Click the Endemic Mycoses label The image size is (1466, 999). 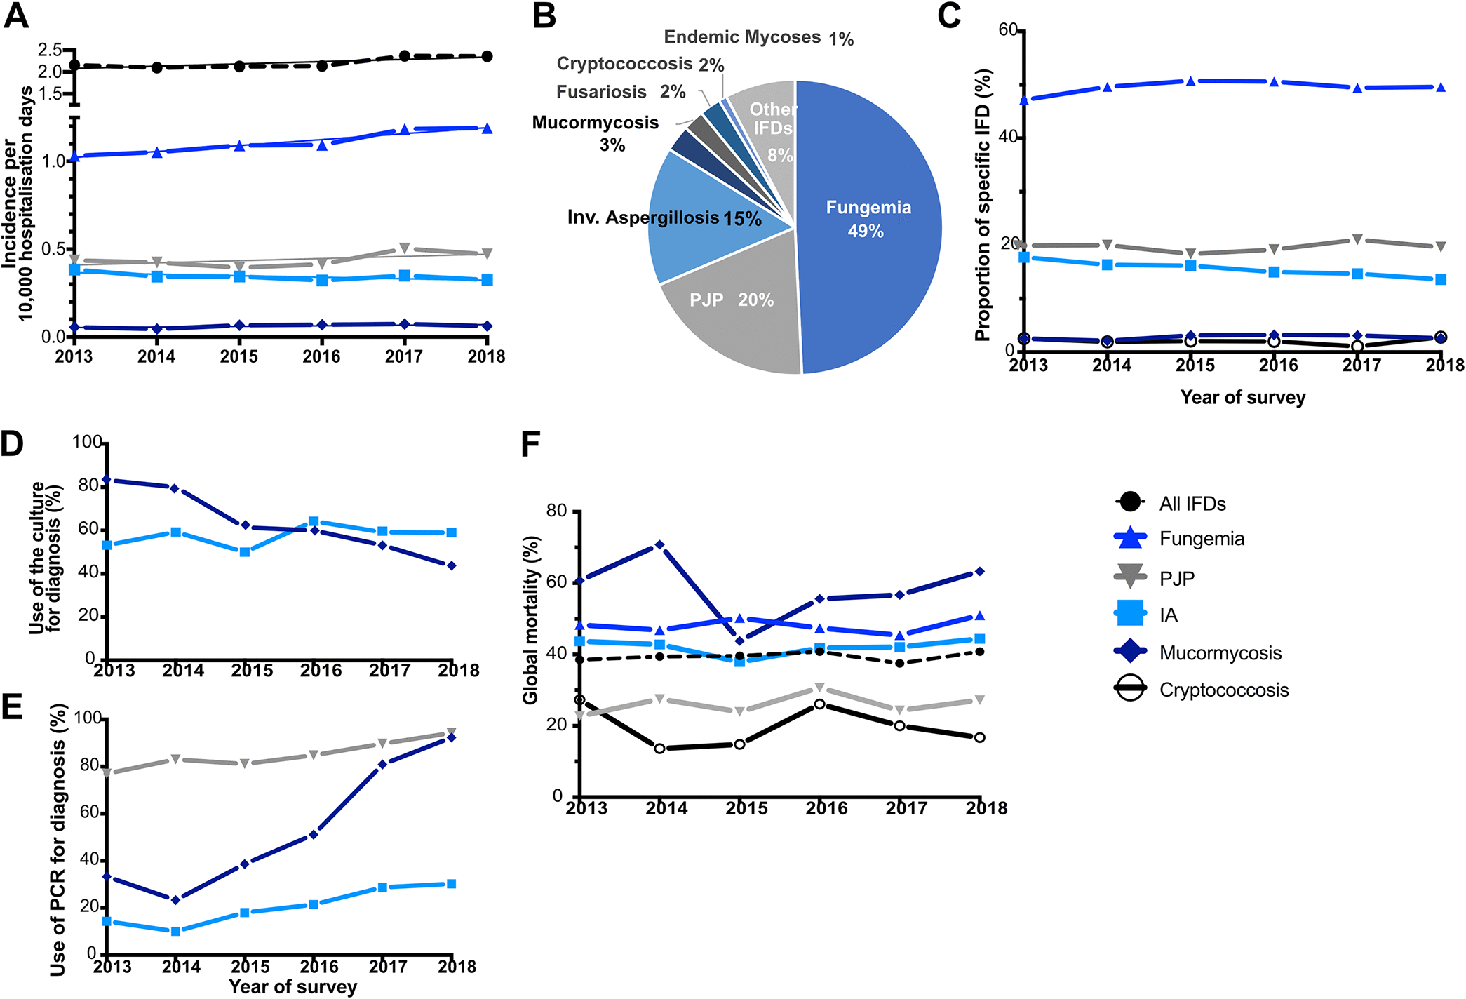pyautogui.click(x=742, y=37)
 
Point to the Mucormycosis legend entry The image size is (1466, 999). pyautogui.click(x=1220, y=653)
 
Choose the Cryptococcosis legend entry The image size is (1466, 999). pyautogui.click(x=1223, y=690)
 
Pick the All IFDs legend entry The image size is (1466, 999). pyautogui.click(x=1192, y=504)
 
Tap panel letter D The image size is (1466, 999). pyautogui.click(x=12, y=444)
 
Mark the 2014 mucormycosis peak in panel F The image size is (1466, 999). pyautogui.click(x=659, y=544)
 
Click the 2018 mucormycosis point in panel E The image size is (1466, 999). pyautogui.click(x=452, y=737)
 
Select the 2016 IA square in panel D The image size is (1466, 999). pyautogui.click(x=314, y=522)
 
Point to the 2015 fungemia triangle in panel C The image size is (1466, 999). pyautogui.click(x=1190, y=81)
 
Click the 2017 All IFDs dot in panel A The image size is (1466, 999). pyautogui.click(x=405, y=55)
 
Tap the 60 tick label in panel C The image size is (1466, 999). pyautogui.click(x=1007, y=29)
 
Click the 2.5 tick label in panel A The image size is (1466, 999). pyautogui.click(x=50, y=50)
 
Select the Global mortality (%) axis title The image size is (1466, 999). pyautogui.click(x=530, y=620)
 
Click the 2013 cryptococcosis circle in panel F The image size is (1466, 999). pyautogui.click(x=579, y=699)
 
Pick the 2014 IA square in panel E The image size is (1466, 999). pyautogui.click(x=175, y=931)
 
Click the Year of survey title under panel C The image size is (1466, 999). pyautogui.click(x=1242, y=398)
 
